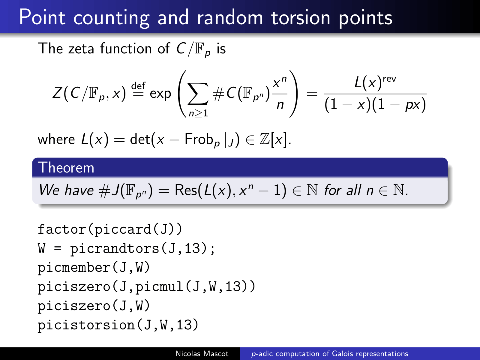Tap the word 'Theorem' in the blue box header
pos(66,168)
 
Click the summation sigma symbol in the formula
pos(198,94)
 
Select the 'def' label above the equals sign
pos(138,85)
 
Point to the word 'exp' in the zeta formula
pos(160,94)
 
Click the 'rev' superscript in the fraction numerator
pos(389,79)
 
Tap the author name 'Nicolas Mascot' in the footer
pos(202,353)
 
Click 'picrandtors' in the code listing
pos(115,248)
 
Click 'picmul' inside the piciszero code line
pos(159,286)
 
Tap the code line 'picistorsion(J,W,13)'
pos(118,325)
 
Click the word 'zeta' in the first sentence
pos(81,49)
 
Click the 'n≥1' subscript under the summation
pos(198,113)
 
